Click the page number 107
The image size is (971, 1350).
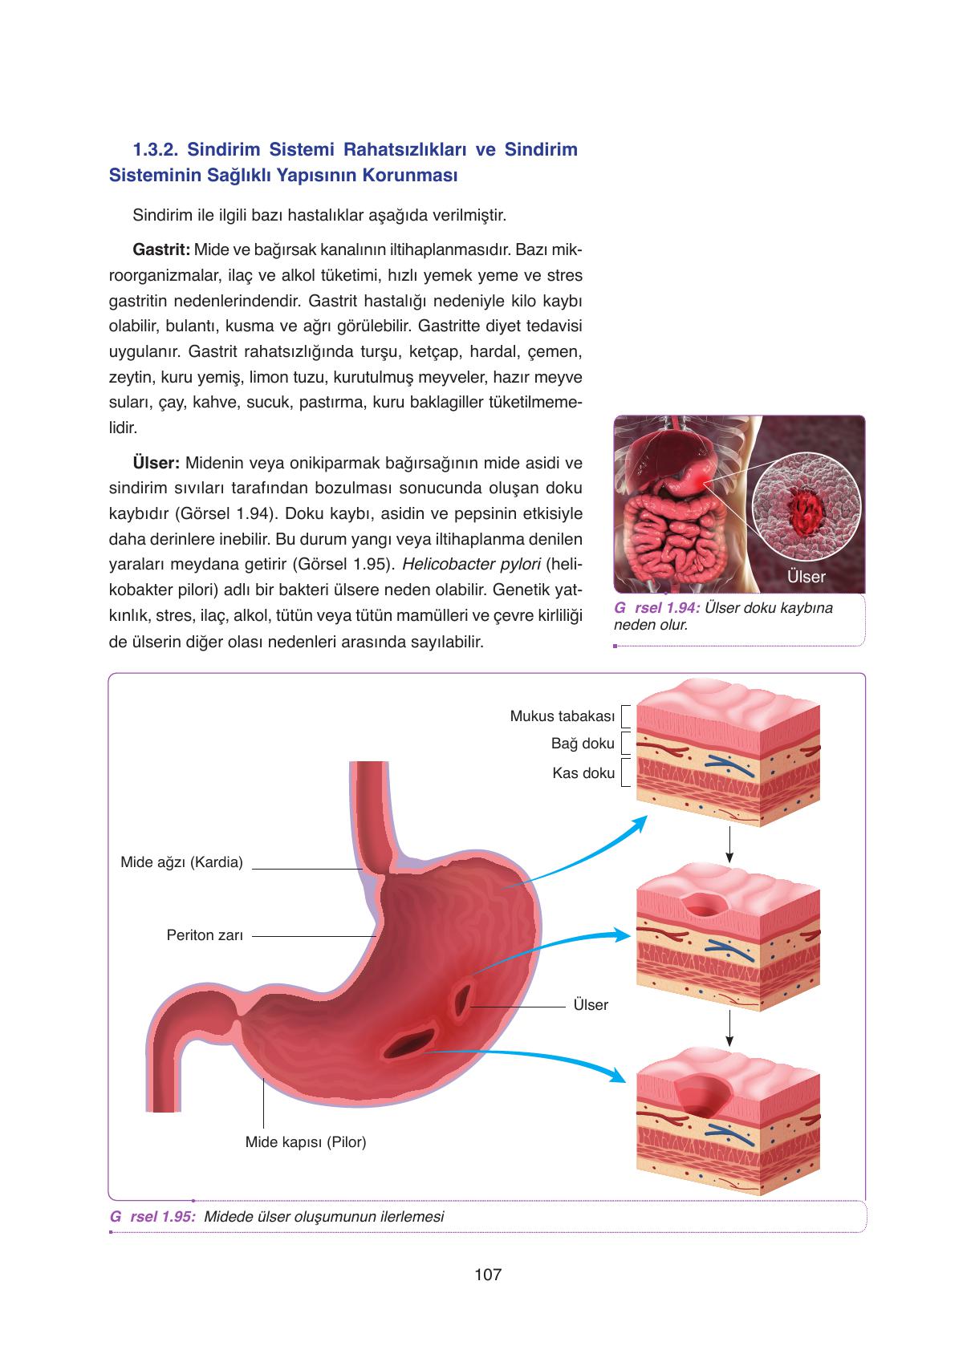[487, 1274]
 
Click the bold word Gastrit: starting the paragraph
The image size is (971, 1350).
[161, 249]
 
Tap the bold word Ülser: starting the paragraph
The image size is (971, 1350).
[156, 463]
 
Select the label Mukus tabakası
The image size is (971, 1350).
[562, 716]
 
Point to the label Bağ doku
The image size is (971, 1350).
[583, 743]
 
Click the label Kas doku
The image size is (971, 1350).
[583, 772]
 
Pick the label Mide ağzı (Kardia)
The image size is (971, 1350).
[181, 862]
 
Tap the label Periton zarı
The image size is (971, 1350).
[205, 935]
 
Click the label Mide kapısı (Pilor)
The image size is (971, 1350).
[305, 1142]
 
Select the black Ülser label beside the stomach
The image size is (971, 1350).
[591, 1004]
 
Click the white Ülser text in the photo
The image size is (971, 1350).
[806, 577]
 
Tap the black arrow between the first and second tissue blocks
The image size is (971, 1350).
[729, 844]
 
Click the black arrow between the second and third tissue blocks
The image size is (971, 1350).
[729, 1028]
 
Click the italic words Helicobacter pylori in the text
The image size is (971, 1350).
[471, 564]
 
